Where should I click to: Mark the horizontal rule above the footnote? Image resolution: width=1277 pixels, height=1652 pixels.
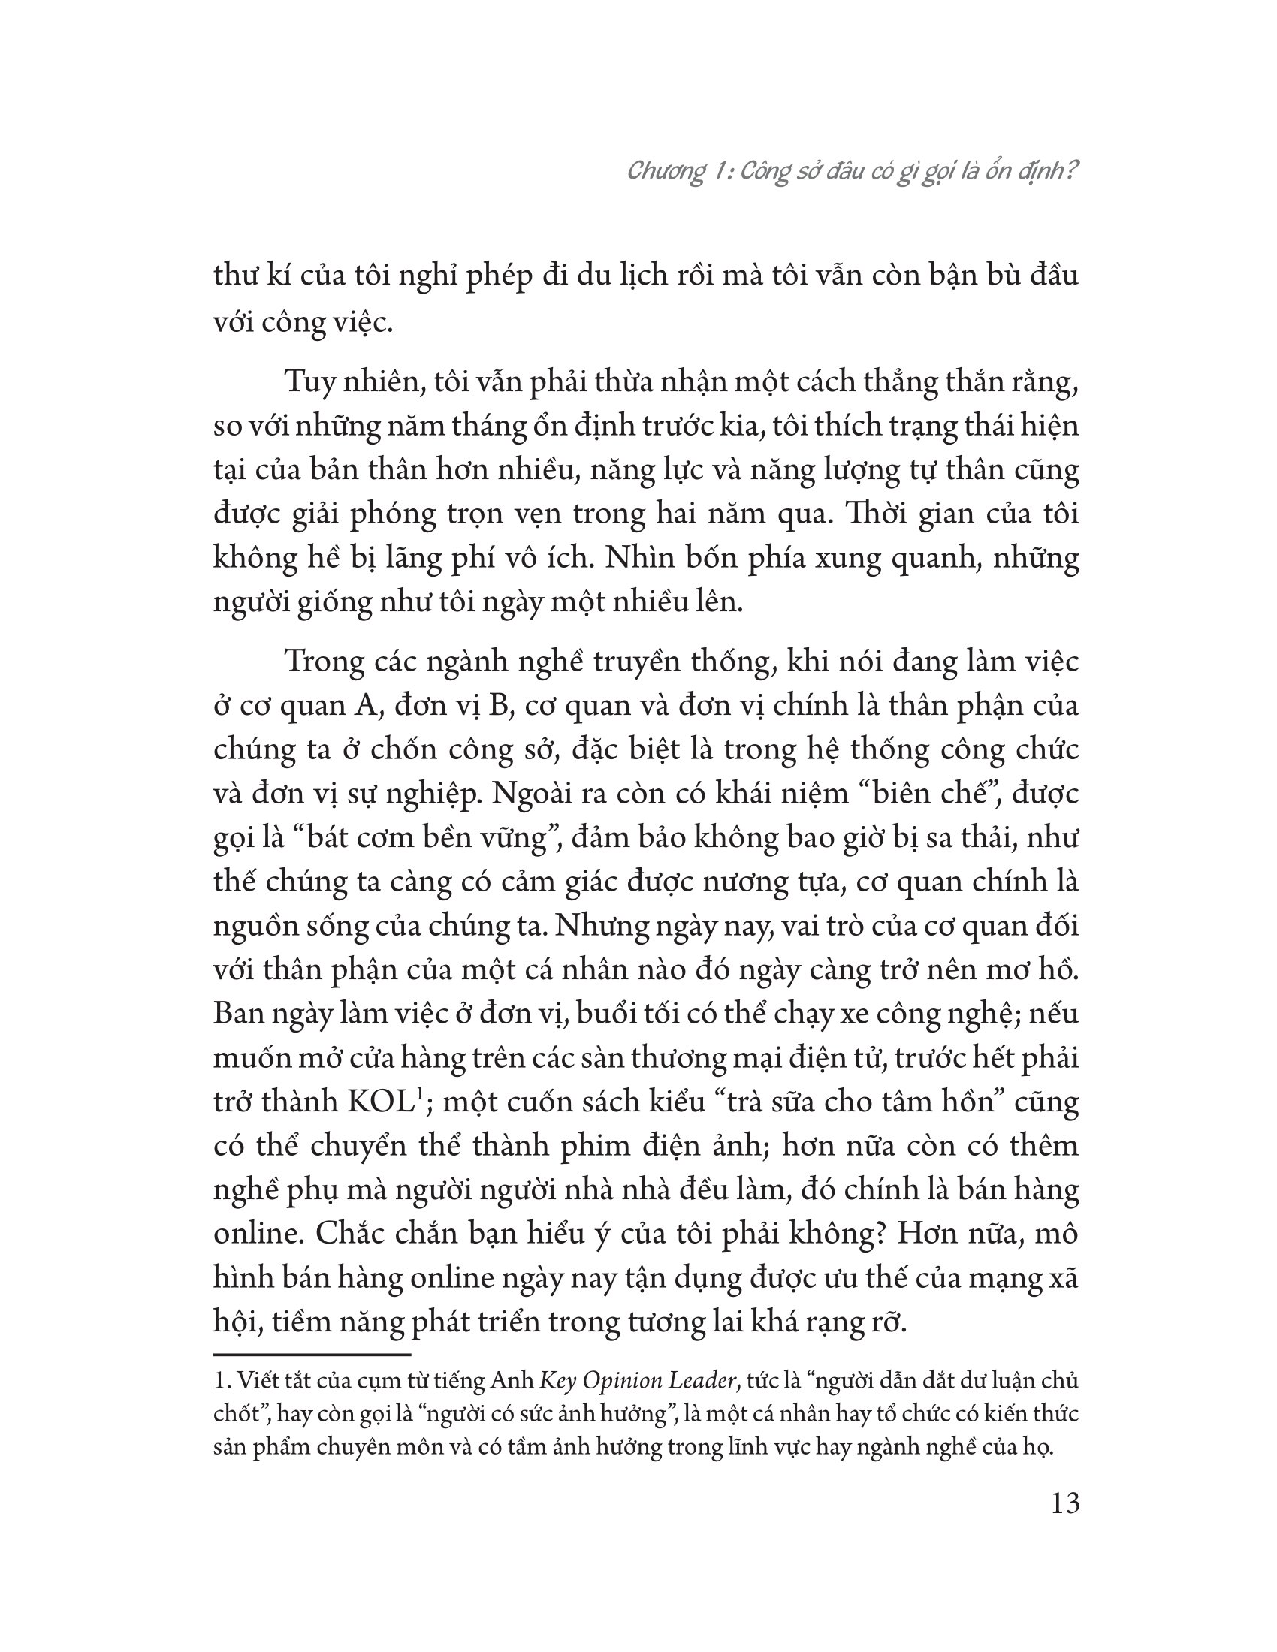(312, 1354)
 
